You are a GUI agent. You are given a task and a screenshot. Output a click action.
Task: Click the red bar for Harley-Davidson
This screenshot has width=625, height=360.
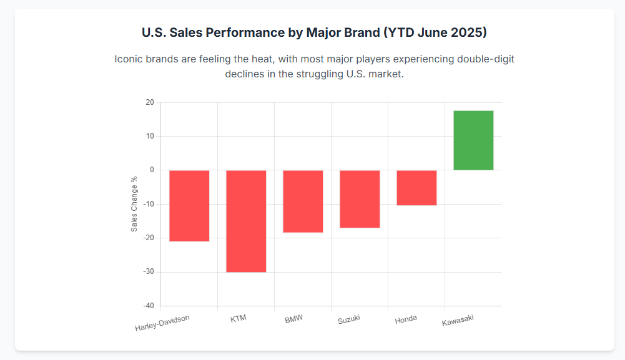point(189,205)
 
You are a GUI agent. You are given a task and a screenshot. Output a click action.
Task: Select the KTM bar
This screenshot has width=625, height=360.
point(246,221)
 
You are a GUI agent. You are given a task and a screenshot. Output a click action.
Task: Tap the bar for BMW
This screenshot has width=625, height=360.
point(303,201)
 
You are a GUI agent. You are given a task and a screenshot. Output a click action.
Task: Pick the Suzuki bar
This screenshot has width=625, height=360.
point(360,198)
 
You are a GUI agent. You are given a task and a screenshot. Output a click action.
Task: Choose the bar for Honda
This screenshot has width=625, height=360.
point(416,187)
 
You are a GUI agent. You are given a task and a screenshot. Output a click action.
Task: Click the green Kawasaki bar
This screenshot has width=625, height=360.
point(473,140)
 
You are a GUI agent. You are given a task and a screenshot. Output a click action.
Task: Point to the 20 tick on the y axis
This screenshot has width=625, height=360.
point(150,102)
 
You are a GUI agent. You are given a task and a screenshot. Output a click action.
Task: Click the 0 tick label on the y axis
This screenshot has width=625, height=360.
point(152,170)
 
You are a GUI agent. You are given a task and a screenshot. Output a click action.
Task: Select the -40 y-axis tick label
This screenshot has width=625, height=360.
point(149,306)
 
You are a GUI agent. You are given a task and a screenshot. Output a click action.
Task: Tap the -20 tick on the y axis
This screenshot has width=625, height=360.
point(149,238)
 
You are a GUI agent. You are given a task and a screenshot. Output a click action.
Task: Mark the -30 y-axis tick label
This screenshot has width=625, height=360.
point(149,272)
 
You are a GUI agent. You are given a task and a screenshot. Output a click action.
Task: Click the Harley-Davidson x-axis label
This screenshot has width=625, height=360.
point(162,323)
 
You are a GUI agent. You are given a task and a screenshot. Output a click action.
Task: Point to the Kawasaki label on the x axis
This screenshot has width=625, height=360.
point(458,321)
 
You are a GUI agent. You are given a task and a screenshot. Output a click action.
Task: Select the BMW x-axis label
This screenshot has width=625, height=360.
point(293,319)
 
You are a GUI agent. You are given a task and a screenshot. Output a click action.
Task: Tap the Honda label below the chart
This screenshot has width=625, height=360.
point(406,319)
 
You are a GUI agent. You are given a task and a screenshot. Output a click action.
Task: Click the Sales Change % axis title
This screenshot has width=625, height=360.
point(134,204)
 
